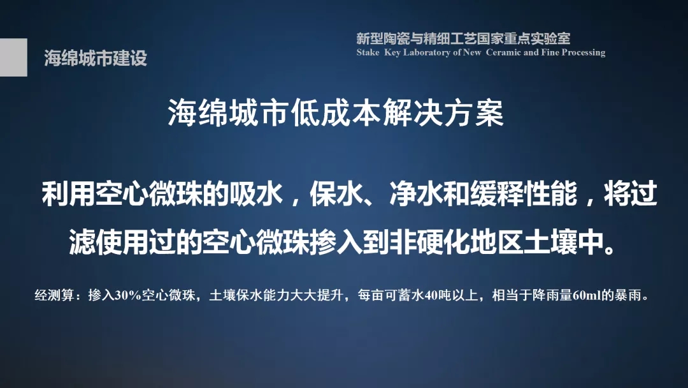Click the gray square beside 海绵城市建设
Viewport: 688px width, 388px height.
pos(13,57)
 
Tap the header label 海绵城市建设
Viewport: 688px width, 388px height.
pos(96,58)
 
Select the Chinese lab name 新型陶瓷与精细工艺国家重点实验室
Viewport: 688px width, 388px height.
pos(463,39)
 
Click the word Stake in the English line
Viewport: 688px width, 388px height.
pos(368,52)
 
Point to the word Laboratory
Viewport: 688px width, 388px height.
pos(426,53)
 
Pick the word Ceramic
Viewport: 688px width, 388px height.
pos(504,52)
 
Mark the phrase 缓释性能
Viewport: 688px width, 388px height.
pos(524,193)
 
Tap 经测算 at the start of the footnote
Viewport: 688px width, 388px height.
pos(54,295)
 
